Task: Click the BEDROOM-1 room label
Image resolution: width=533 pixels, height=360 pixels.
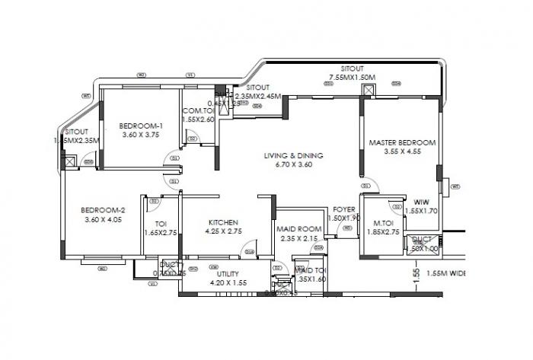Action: pos(141,126)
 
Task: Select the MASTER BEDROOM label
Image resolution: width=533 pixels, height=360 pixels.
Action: pos(402,142)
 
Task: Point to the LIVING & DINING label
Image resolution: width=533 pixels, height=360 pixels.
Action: pos(293,155)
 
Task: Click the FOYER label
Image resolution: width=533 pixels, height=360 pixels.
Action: pos(345,209)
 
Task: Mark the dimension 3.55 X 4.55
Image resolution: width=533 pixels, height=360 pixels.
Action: pos(403,151)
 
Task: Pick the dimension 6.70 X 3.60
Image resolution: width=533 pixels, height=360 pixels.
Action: pos(293,165)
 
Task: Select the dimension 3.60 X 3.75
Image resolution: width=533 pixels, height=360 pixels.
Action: pos(141,135)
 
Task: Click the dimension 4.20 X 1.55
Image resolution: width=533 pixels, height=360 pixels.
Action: pos(228,282)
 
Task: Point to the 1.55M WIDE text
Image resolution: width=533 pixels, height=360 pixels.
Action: pos(446,273)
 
